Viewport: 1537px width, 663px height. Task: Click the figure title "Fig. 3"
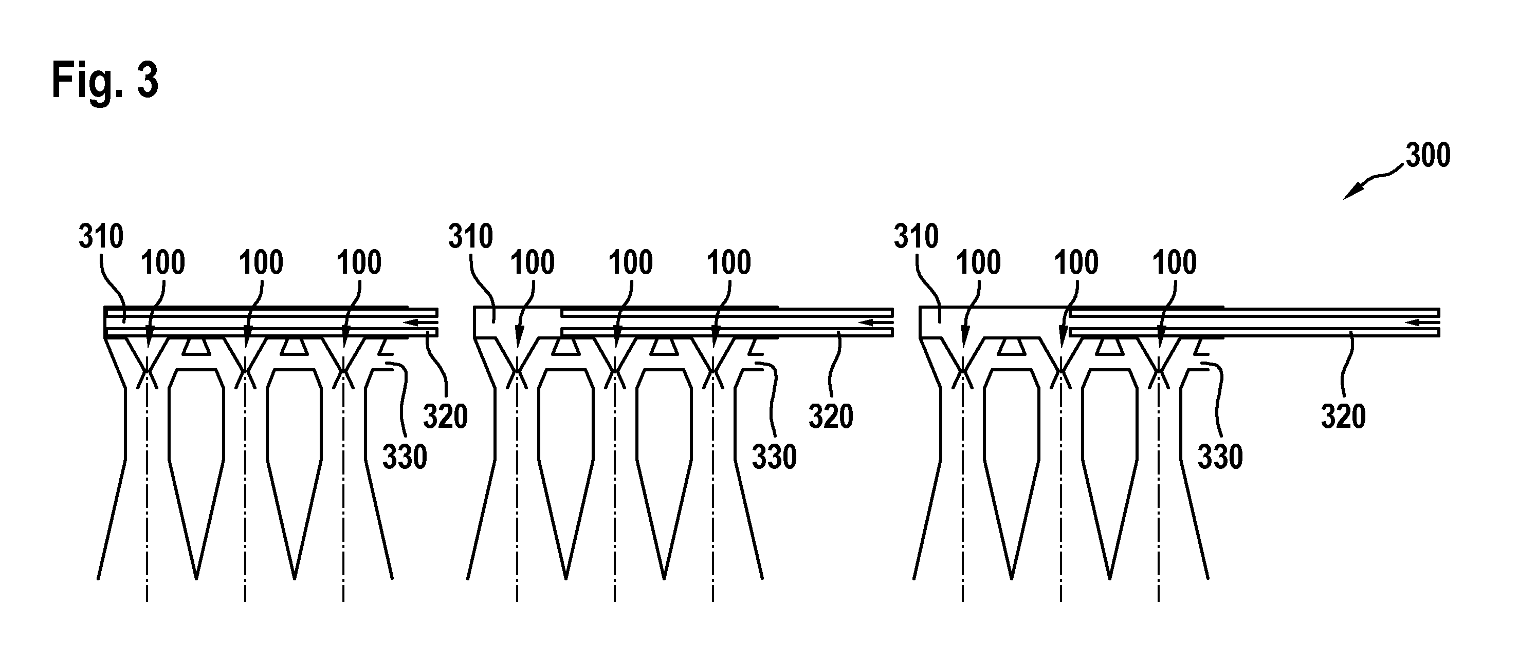(105, 81)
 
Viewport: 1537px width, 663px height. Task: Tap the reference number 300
(1428, 155)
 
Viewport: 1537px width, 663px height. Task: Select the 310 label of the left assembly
(101, 236)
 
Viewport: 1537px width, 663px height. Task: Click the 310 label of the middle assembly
(471, 236)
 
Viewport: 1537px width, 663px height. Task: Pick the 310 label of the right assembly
(917, 236)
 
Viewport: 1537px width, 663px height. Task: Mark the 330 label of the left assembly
(405, 457)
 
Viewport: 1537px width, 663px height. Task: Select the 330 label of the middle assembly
(774, 457)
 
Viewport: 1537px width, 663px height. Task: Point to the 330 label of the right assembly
(1220, 457)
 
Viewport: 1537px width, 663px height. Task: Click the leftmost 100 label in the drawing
(163, 262)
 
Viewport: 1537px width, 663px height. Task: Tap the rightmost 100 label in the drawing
(1174, 262)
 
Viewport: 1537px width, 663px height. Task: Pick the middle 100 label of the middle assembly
(631, 262)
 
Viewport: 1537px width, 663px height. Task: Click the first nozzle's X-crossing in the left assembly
(148, 375)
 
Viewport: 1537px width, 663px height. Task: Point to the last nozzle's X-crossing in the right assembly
(1159, 375)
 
